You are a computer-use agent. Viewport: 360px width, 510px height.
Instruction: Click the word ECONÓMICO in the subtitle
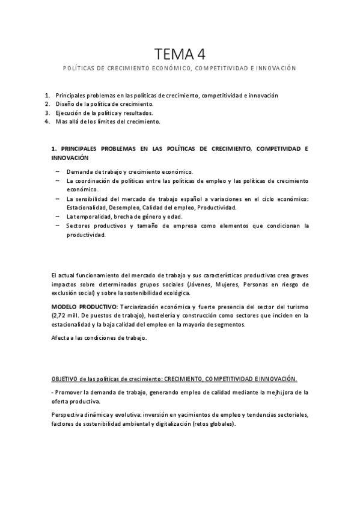pos(166,69)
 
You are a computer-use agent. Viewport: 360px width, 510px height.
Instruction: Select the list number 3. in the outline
pos(47,112)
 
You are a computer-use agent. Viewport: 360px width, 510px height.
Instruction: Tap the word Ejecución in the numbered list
pos(69,112)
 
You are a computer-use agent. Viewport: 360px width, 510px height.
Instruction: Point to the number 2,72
pos(61,315)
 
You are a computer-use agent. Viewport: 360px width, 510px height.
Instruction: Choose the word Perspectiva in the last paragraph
pos(70,414)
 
